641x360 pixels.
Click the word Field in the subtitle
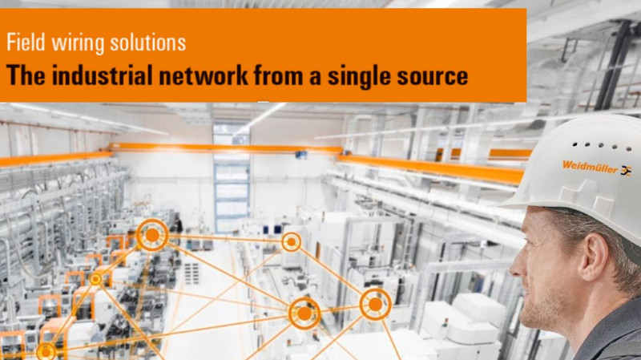[26, 42]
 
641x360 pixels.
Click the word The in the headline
[26, 75]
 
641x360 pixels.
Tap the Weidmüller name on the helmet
[590, 167]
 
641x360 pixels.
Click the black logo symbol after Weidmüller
[626, 171]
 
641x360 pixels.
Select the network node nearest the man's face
[375, 305]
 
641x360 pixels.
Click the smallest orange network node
[95, 279]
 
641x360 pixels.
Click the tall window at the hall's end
[232, 179]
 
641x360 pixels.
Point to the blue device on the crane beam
[301, 155]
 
